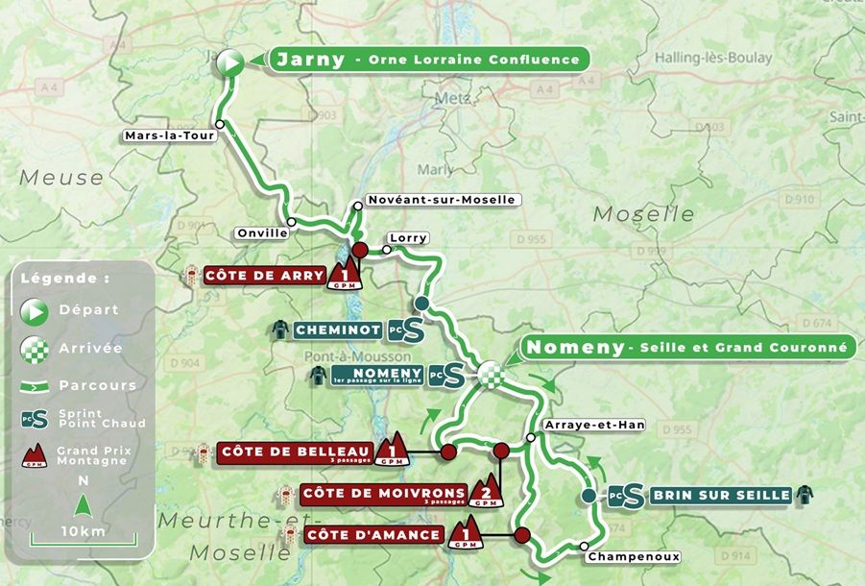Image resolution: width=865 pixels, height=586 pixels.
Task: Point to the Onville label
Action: click(262, 232)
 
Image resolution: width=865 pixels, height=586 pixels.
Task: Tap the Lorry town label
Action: click(408, 237)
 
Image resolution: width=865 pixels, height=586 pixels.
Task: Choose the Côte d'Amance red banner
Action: click(374, 535)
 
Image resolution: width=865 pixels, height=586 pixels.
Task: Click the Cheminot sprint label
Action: click(338, 330)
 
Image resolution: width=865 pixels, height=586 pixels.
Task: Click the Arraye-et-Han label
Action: click(593, 425)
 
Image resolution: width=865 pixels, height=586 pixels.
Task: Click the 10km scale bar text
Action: click(83, 531)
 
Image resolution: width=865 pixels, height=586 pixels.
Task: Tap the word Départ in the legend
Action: click(87, 309)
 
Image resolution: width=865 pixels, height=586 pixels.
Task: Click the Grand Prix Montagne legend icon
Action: click(34, 455)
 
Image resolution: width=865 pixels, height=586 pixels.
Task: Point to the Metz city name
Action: click(453, 99)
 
